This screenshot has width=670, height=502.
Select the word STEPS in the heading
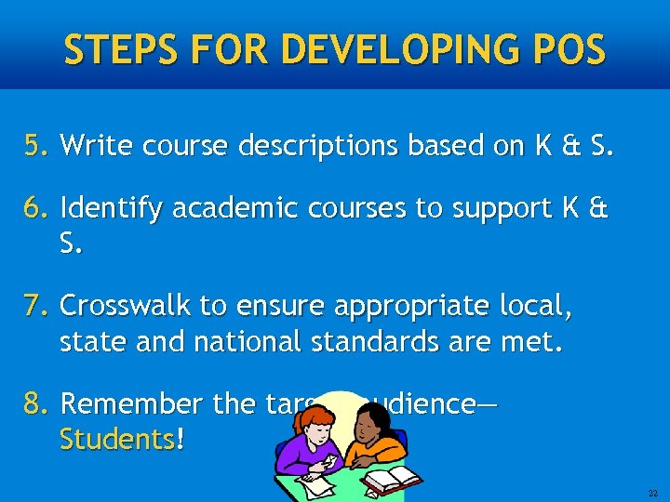tap(109, 48)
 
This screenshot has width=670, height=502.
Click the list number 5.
tap(37, 146)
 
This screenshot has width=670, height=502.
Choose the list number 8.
tap(37, 405)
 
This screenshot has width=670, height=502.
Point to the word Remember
tap(131, 405)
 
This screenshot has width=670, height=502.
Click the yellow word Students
tap(116, 439)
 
